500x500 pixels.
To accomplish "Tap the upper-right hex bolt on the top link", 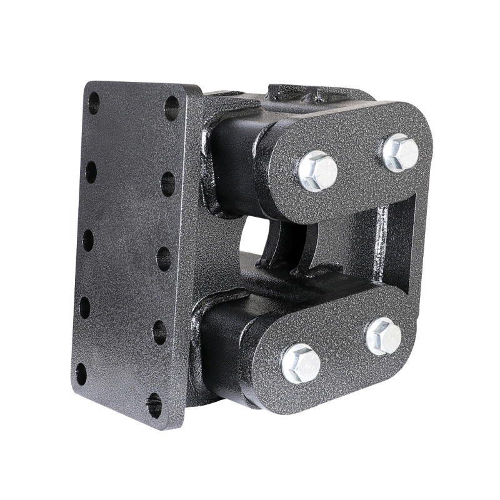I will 401,152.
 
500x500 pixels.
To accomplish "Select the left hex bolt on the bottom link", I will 301,362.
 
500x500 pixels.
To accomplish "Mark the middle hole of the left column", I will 88,240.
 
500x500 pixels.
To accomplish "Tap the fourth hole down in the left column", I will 84,307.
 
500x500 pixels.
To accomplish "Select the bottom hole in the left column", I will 81,374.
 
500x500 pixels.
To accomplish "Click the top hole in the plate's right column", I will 171,108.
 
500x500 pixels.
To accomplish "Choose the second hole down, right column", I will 167,184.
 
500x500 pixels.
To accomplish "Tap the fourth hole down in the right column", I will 159,332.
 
